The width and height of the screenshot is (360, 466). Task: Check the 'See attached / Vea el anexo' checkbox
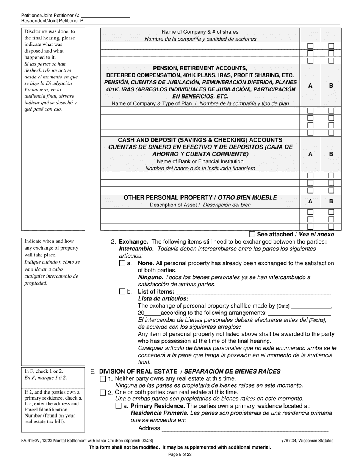point(252,235)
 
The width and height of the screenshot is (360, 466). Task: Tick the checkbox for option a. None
point(122,263)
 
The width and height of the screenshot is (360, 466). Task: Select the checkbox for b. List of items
point(122,292)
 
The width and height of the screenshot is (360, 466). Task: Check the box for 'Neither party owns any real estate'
point(103,379)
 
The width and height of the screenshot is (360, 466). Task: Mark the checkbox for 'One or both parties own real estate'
point(103,393)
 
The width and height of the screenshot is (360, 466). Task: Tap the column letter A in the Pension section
point(310,86)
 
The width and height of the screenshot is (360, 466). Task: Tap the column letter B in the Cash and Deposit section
point(331,154)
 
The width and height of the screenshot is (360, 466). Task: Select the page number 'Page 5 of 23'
point(180,455)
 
